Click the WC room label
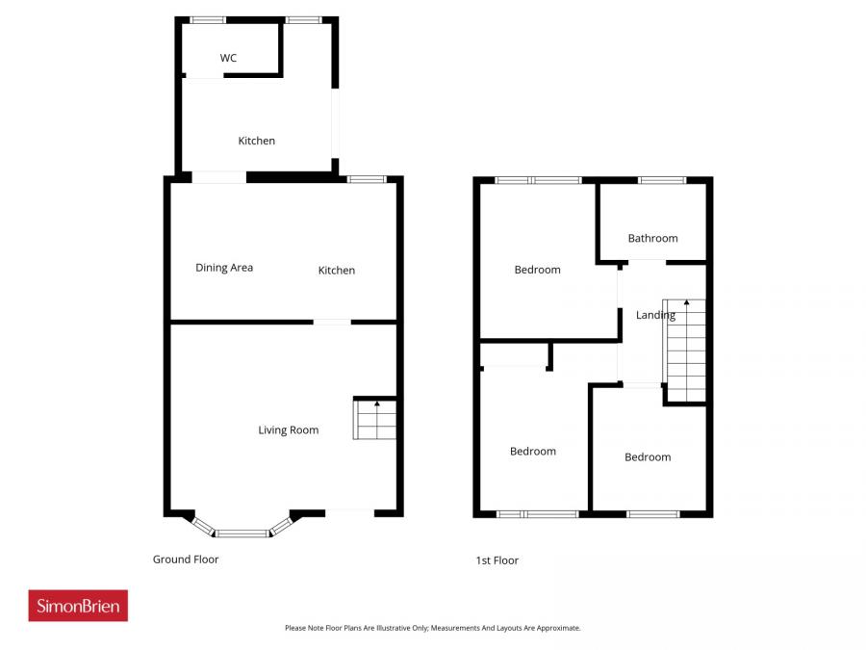tap(228, 59)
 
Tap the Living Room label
tap(288, 430)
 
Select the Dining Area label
tap(224, 268)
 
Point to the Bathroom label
tap(652, 238)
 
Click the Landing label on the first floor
tap(654, 315)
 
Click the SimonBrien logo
tap(78, 606)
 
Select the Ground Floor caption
tap(186, 559)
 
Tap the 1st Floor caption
tap(497, 560)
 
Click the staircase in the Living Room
tap(375, 420)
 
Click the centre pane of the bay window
tap(242, 533)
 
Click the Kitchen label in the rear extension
tap(257, 141)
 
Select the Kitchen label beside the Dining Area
tap(337, 271)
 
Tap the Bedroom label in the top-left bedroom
tap(537, 270)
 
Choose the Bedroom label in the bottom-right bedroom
tap(648, 457)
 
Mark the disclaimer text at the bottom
tap(433, 628)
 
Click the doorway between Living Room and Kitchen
tap(332, 322)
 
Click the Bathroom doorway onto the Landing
tap(647, 261)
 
